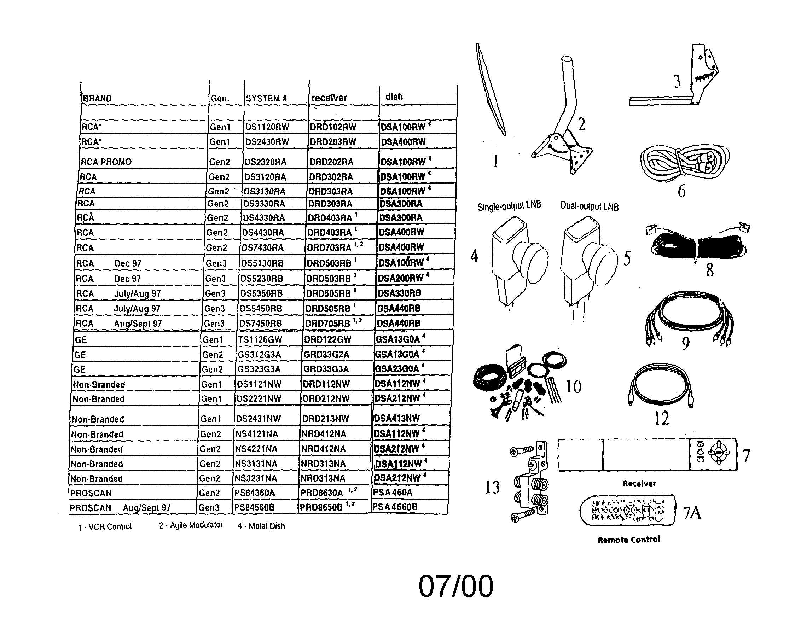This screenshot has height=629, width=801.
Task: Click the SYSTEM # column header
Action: [266, 98]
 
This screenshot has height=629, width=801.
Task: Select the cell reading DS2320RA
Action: [265, 162]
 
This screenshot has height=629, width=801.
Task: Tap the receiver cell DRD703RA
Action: [329, 248]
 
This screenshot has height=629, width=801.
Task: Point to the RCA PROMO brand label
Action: [106, 162]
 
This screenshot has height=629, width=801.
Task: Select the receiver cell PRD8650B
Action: [321, 507]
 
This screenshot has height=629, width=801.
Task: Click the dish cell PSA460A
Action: [393, 493]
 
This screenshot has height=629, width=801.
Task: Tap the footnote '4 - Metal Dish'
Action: [261, 526]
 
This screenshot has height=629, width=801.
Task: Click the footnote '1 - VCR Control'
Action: [105, 526]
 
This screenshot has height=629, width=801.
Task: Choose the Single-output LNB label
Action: [509, 206]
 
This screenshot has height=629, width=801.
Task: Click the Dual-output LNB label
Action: [589, 206]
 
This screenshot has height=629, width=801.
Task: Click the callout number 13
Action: [492, 487]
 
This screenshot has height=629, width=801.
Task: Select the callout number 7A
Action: [692, 513]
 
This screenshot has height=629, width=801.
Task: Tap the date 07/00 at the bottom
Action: [455, 586]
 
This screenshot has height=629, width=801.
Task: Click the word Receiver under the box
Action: [639, 484]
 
